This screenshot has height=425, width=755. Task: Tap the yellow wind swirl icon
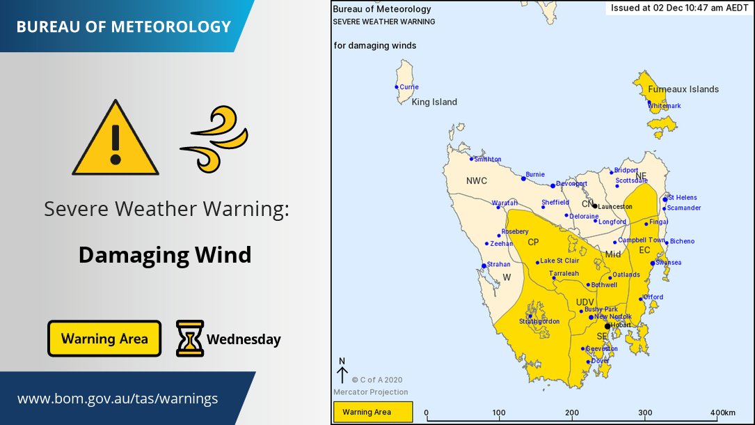pos(214,139)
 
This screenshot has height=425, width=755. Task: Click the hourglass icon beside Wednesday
pos(190,339)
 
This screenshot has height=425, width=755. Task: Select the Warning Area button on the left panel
pos(104,339)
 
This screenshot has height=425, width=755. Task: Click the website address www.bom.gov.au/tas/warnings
pos(118,399)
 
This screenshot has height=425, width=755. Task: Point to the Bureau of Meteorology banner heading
pos(123,27)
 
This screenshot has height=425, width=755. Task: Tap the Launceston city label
pos(615,207)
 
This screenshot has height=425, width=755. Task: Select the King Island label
pos(434,102)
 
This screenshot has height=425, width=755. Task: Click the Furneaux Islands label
pos(683,89)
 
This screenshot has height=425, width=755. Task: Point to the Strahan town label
pos(499,265)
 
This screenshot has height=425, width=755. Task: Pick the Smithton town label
pos(487,160)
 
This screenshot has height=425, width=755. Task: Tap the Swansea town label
pos(668,263)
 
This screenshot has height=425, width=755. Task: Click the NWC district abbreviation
pos(476,181)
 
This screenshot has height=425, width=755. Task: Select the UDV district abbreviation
pos(585,301)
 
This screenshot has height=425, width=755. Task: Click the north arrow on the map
pos(342,373)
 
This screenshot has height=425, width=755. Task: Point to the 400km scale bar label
pos(723,412)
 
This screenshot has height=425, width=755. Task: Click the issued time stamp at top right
pos(679,9)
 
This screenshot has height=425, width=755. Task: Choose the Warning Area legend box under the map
pos(373,412)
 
